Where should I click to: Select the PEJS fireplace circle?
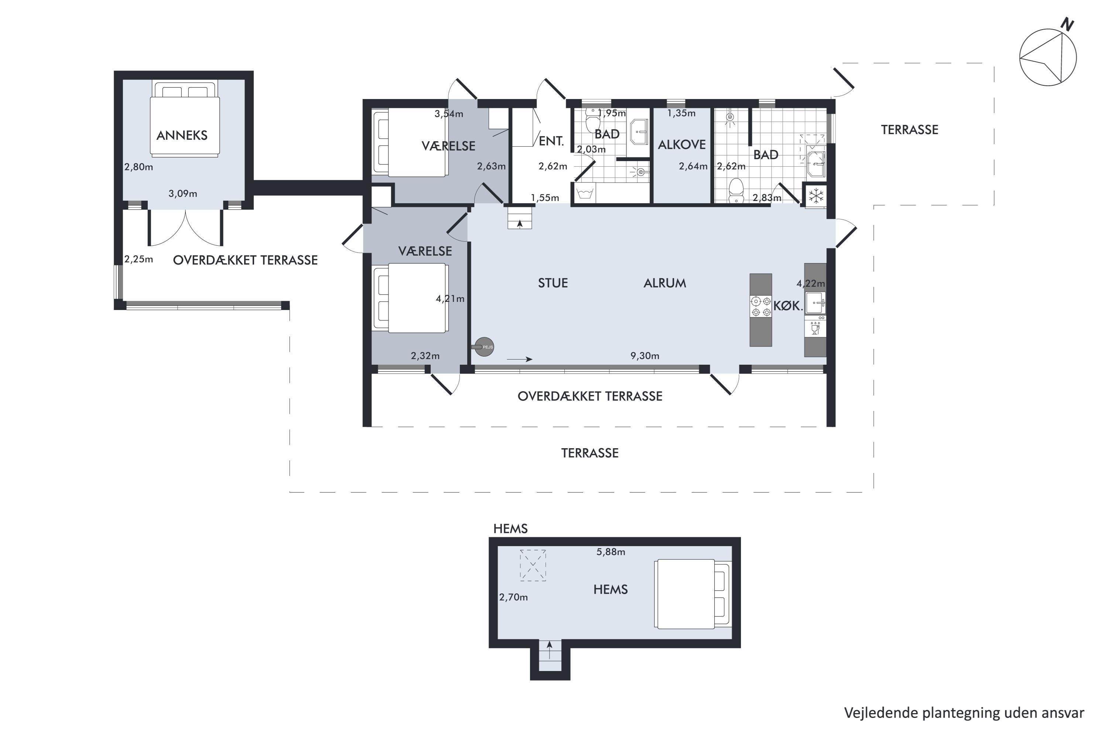coord(484,347)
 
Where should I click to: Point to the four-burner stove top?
coord(761,306)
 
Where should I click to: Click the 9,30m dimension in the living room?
coord(645,356)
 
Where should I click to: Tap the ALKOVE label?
coord(682,145)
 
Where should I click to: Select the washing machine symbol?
coord(584,193)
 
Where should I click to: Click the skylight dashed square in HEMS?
coord(533,565)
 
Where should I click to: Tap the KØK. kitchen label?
coord(788,306)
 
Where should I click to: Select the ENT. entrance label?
coord(551,141)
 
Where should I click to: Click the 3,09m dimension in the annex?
coord(183,194)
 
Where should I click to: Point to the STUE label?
coord(553,283)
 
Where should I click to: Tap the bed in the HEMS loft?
coord(692,594)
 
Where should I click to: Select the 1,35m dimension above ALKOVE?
coord(681,113)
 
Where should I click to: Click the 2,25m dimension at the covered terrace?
coord(138,259)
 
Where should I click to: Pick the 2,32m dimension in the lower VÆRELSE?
coord(425,356)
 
